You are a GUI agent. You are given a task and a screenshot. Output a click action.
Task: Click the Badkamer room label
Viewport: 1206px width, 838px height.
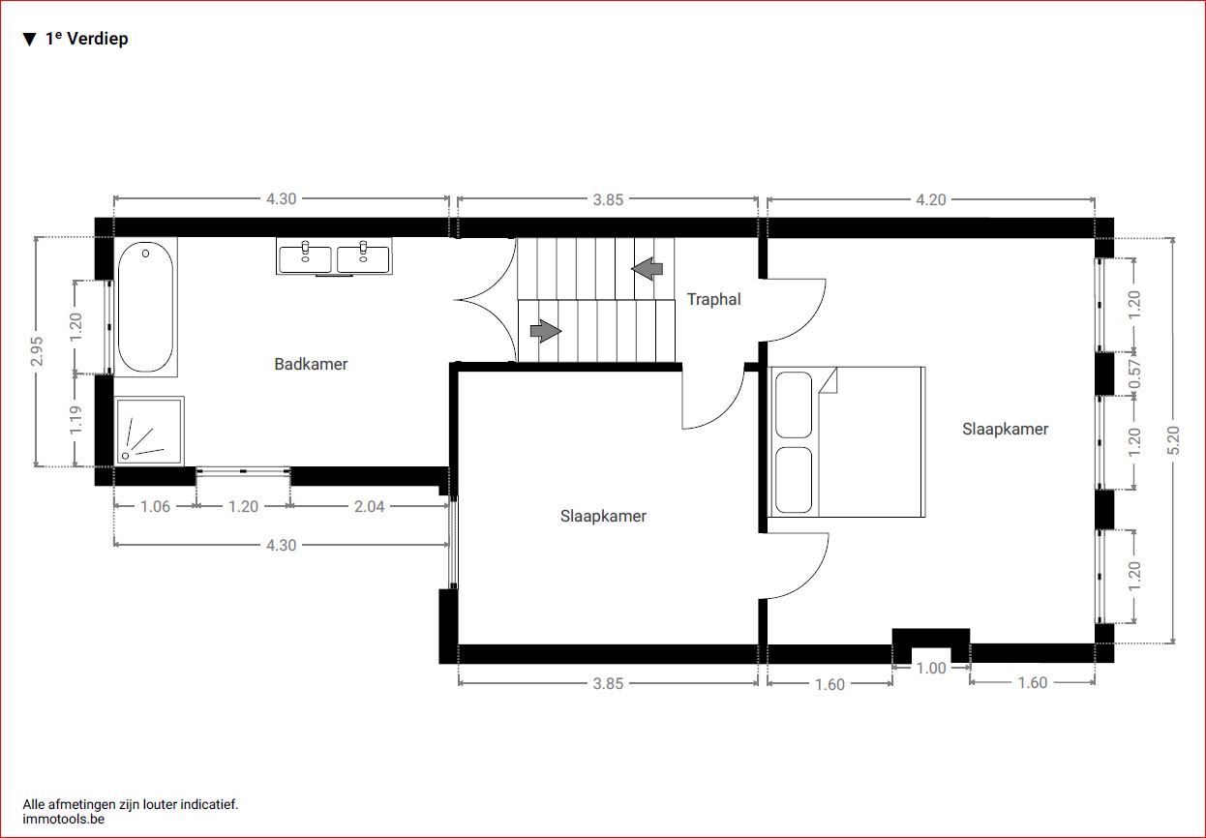click(311, 364)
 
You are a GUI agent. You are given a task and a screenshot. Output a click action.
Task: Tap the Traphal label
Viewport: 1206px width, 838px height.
click(713, 299)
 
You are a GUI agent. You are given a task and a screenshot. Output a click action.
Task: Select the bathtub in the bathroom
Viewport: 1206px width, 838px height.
click(145, 307)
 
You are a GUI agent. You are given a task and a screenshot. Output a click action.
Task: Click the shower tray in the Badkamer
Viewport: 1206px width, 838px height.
click(149, 432)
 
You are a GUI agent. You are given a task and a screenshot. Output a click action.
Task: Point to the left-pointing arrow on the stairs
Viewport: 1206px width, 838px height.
click(647, 269)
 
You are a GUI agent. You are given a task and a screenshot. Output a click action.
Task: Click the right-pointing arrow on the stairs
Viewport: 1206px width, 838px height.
click(546, 331)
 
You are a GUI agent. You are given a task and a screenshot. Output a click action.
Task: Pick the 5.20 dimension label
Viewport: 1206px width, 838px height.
click(1174, 439)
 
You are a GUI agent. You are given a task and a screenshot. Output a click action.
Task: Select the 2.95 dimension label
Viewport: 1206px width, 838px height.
click(37, 351)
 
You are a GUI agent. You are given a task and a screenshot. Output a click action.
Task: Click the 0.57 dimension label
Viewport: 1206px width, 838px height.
click(1134, 374)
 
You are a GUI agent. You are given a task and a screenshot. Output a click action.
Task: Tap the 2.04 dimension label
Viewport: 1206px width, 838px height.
click(369, 506)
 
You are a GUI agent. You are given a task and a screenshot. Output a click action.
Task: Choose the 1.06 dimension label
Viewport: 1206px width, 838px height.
click(155, 506)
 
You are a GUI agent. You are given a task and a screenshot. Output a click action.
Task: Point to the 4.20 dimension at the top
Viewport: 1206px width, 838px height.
click(931, 199)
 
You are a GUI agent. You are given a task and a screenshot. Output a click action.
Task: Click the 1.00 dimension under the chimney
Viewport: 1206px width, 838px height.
click(931, 668)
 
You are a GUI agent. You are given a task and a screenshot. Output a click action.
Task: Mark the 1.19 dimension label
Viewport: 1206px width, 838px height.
click(75, 420)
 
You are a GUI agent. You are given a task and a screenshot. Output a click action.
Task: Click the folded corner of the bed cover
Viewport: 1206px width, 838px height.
click(829, 382)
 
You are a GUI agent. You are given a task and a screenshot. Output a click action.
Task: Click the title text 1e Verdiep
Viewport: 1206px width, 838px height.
click(87, 39)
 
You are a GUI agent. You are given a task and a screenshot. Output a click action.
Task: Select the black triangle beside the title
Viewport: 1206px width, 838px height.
click(29, 40)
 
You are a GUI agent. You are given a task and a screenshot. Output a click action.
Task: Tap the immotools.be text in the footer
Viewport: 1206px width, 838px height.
click(64, 820)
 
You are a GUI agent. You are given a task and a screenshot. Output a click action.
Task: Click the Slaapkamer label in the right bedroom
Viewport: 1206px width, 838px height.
click(1006, 429)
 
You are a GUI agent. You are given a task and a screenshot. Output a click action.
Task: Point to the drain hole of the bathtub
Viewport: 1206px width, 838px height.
click(145, 253)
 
